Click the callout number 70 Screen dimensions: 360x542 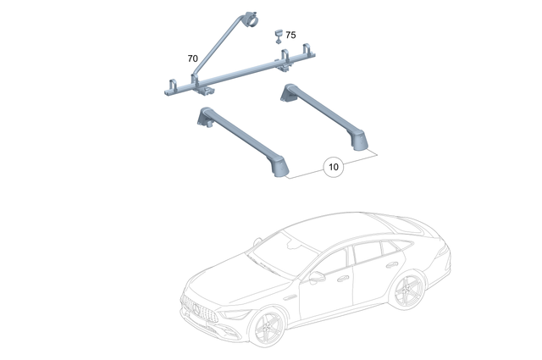click(192, 58)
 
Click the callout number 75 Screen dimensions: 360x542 click(290, 36)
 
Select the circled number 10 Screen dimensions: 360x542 click(333, 167)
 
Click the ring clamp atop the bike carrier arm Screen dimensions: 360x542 click(252, 19)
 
